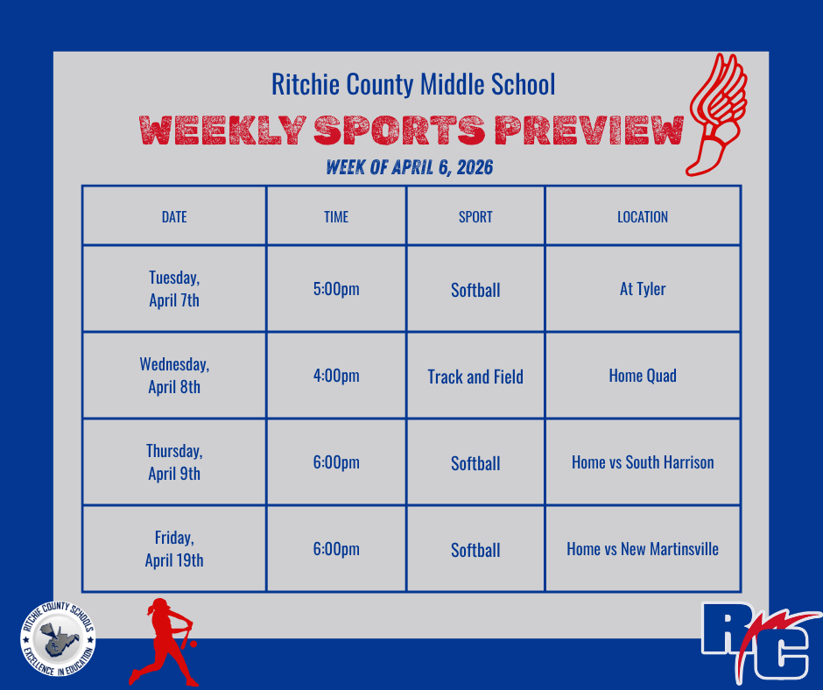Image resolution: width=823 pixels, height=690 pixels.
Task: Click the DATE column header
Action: coord(174,217)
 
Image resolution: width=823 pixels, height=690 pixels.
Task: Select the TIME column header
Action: coord(336,217)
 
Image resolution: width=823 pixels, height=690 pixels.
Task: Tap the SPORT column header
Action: coord(475,217)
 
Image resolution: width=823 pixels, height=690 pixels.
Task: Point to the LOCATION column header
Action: coord(643,217)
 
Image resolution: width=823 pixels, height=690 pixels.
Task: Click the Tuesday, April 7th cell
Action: coord(174,289)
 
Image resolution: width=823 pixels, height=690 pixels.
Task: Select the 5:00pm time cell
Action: coord(336,289)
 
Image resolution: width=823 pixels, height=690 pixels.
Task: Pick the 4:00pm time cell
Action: coord(336,376)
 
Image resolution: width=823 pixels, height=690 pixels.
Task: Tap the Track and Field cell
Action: coord(475,377)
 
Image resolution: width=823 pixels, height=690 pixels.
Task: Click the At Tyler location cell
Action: coord(643,289)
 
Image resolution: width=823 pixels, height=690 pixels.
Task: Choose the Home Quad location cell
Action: coord(643,376)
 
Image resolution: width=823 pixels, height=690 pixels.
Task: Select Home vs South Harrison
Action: coord(643,462)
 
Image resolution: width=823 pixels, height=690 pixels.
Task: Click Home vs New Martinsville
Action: coord(643,549)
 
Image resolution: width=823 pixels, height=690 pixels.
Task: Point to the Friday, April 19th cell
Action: coord(174,549)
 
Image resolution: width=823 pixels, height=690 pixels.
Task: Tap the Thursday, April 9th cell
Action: coord(174,462)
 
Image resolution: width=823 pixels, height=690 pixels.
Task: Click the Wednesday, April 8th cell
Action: coord(174,376)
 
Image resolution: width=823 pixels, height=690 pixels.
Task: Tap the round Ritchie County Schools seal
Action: coord(60,643)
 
